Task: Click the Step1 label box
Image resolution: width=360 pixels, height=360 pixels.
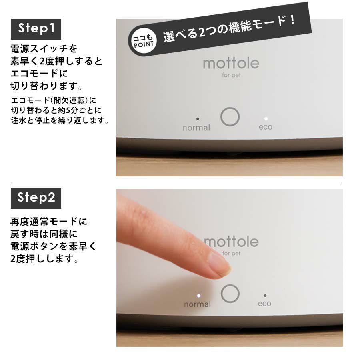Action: click(36, 29)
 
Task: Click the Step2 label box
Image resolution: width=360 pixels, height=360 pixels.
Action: click(36, 198)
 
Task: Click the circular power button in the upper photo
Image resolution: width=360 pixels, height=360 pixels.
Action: click(230, 117)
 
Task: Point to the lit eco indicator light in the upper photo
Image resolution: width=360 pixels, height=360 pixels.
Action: click(266, 118)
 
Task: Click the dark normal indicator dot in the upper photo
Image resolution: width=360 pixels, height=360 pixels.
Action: click(198, 119)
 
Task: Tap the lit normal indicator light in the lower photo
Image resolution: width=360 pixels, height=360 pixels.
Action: click(199, 296)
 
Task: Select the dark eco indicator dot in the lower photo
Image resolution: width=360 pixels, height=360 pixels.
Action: click(265, 296)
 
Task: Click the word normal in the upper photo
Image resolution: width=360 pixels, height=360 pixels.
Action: click(196, 128)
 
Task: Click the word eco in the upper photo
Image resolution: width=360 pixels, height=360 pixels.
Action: click(266, 127)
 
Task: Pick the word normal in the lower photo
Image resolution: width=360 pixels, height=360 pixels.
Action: click(198, 304)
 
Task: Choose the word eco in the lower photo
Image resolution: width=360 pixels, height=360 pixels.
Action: click(264, 304)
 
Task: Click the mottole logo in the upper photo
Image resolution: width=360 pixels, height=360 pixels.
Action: click(231, 63)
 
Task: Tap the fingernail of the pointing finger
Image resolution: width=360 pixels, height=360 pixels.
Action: click(219, 264)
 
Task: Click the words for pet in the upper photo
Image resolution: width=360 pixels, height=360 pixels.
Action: click(231, 75)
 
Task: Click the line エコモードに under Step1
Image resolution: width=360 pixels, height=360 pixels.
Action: click(39, 74)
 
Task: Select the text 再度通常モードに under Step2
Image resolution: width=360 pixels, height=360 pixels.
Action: click(49, 222)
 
